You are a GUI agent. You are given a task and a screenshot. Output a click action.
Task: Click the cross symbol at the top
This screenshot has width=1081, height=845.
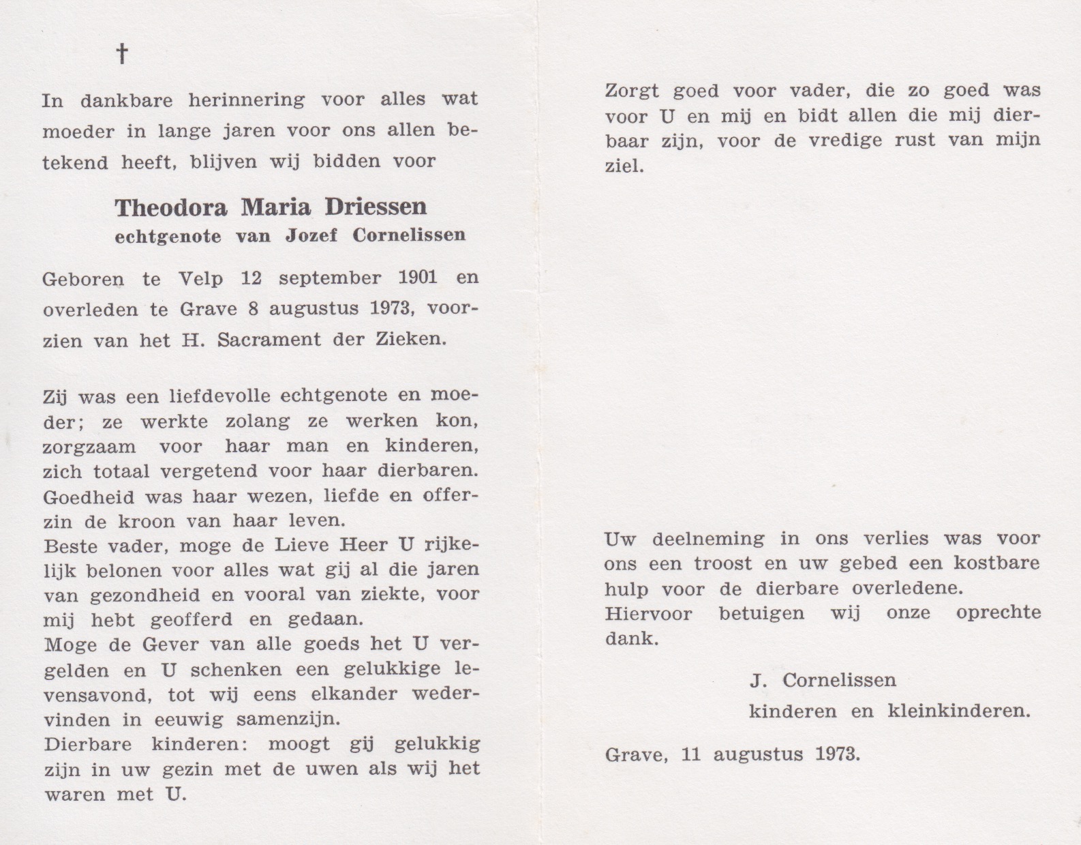[x=122, y=54]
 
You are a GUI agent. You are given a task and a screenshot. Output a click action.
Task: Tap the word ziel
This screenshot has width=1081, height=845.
[x=624, y=166]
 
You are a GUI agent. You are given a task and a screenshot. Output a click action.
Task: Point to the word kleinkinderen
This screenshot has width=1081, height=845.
[x=958, y=712]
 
